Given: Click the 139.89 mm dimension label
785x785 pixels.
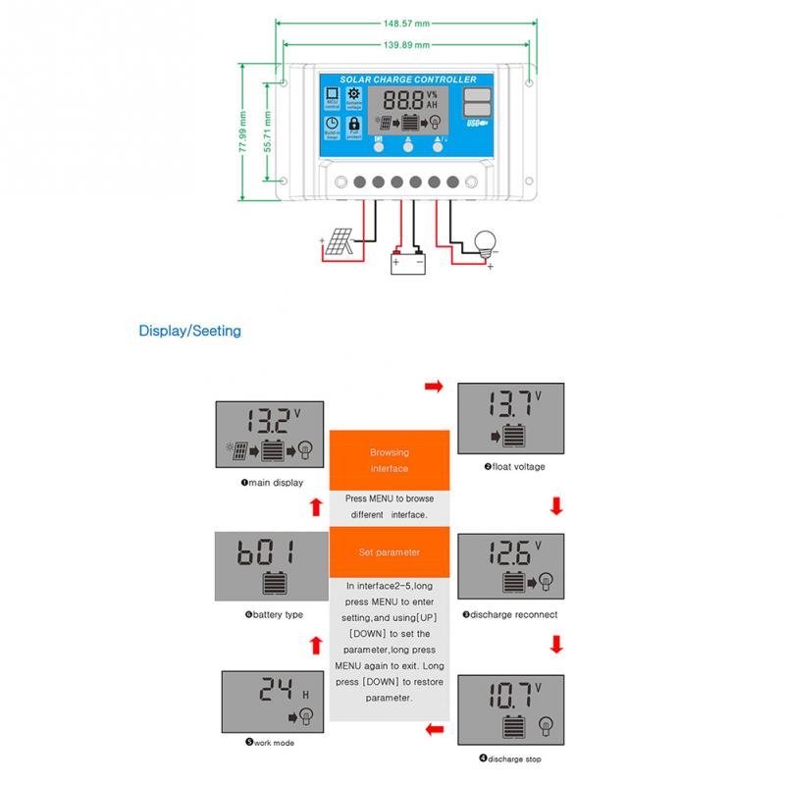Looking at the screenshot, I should pyautogui.click(x=406, y=45).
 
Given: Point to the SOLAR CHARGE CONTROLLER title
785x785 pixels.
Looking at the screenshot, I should pyautogui.click(x=407, y=79).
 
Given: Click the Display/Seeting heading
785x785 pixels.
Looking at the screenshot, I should pyautogui.click(x=189, y=331).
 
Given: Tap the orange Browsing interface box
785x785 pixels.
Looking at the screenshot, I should pyautogui.click(x=390, y=460).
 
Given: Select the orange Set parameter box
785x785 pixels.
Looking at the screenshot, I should pyautogui.click(x=390, y=552).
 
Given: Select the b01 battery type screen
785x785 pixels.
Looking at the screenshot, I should pyautogui.click(x=267, y=566).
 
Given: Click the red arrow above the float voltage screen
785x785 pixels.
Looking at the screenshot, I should pyautogui.click(x=433, y=389).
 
